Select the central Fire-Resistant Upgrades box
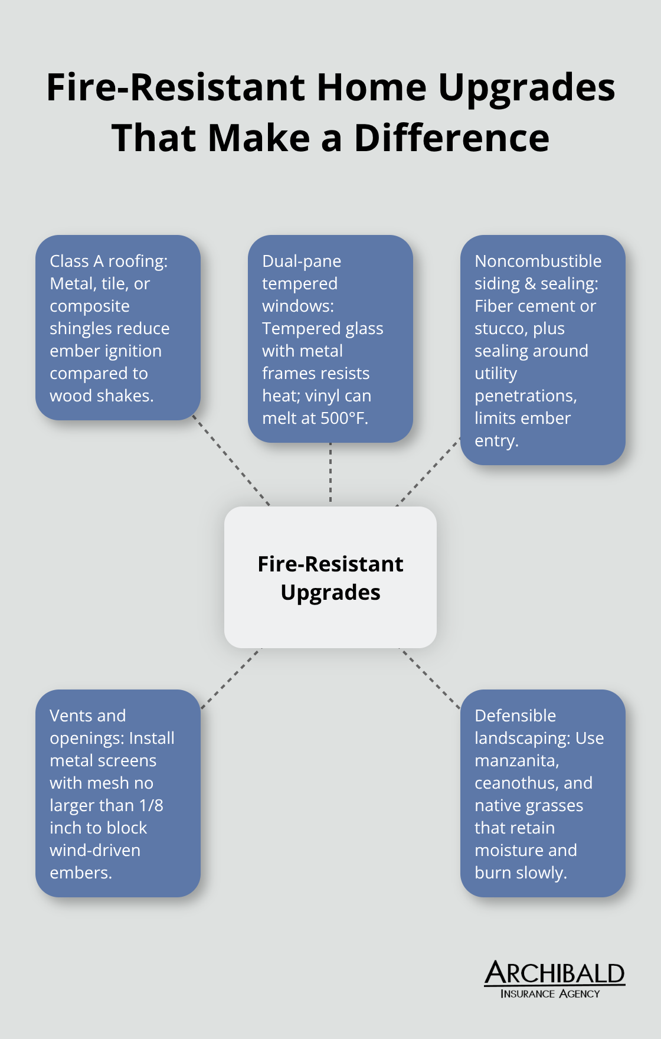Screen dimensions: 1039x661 tap(330, 577)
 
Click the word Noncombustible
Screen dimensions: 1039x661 tap(538, 262)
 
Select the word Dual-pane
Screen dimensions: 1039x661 tap(302, 262)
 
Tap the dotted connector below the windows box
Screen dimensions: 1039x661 tap(330, 472)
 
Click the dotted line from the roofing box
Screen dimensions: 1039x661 tap(231, 462)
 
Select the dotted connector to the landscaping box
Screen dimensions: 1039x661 tap(430, 678)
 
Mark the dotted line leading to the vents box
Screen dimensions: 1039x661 tap(231, 678)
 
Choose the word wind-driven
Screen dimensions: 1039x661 tap(95, 851)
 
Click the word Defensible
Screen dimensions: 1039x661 tap(515, 716)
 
